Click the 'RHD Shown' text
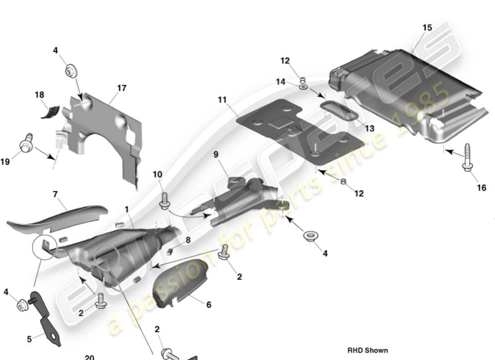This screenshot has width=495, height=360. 367,350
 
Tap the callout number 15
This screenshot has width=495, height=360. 427,27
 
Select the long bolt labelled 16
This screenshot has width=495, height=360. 467,157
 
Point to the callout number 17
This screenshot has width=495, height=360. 121,88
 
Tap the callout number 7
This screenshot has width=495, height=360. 55,194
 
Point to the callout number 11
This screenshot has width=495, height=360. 222,99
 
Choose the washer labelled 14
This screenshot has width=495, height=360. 303,86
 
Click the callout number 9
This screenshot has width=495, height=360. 216,154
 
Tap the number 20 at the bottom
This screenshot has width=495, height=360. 89,357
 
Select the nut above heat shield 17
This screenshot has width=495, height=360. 71,70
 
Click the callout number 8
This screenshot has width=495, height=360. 188,240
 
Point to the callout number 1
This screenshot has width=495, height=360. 127,209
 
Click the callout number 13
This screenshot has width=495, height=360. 369,129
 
